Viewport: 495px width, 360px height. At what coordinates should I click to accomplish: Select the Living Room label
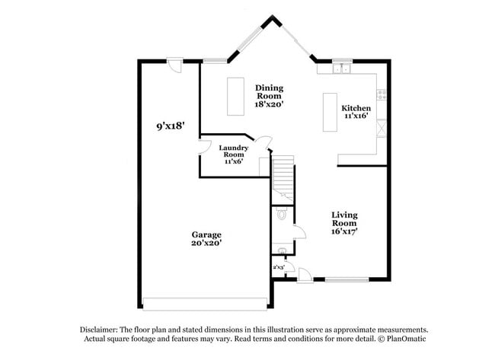344,223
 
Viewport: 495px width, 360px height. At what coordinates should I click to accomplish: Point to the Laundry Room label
232,155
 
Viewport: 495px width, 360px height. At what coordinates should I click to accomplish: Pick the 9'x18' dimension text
171,125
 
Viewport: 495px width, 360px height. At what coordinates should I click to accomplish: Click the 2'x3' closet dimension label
279,267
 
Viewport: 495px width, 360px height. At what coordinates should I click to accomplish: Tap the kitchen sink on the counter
340,69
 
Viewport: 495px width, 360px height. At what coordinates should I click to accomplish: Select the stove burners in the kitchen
382,95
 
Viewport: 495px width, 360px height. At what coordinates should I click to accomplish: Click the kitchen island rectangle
330,112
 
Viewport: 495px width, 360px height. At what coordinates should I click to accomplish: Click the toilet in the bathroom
283,215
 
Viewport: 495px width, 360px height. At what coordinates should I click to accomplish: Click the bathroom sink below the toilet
282,250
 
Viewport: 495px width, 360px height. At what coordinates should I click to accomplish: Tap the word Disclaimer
98,329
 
